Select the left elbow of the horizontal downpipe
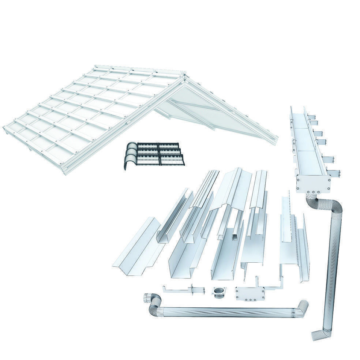(153, 304)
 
